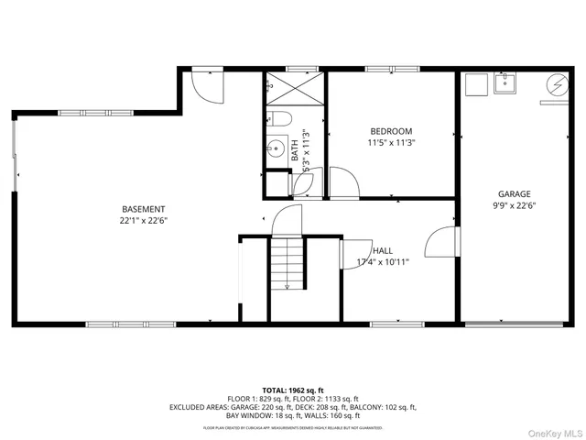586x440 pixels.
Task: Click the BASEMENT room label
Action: [144, 208]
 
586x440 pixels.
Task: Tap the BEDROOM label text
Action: [391, 131]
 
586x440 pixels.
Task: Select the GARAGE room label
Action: [514, 194]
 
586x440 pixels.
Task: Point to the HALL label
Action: [384, 250]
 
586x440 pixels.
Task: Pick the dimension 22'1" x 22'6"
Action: [144, 220]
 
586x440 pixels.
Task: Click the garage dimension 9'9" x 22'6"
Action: [514, 205]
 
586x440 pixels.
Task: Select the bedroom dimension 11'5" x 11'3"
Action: [391, 143]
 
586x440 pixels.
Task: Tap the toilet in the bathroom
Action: [278, 118]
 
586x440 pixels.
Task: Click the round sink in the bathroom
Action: [276, 148]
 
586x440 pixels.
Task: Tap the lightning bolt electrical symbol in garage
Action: [555, 84]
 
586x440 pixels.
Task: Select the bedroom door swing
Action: [344, 182]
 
